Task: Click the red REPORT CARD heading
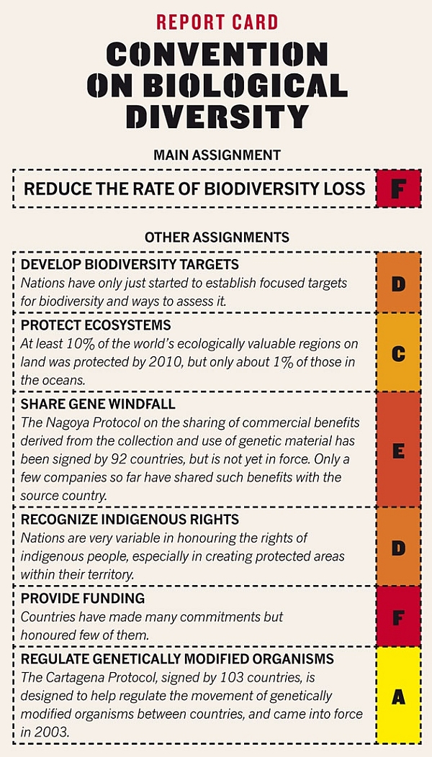[217, 22]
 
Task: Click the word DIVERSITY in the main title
[217, 117]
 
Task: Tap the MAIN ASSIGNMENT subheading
[217, 155]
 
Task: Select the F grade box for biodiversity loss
[398, 189]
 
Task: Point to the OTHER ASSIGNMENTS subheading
[217, 237]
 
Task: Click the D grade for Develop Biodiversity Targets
[398, 283]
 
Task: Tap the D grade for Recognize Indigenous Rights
[398, 548]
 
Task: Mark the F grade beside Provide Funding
[398, 617]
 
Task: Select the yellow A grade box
[398, 696]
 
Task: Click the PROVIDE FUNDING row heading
[83, 598]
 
